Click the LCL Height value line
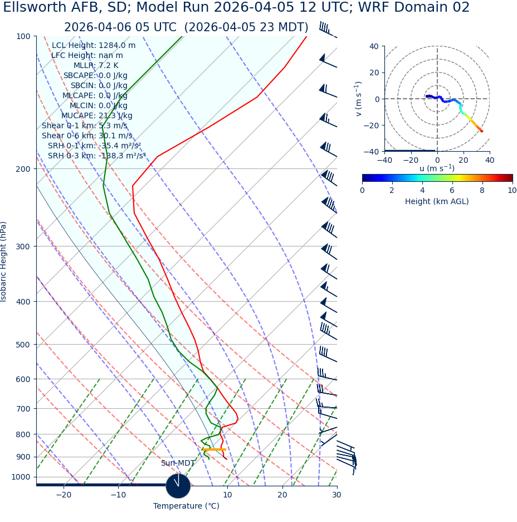tap(94, 46)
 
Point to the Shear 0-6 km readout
tap(87, 136)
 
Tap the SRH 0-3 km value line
tap(97, 156)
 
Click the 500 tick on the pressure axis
tap(23, 345)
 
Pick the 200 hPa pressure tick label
tap(23, 169)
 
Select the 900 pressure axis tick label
tap(23, 457)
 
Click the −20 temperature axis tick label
tap(64, 495)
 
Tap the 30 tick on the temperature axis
tap(336, 495)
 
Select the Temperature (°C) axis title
tap(187, 506)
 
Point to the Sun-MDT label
tap(178, 463)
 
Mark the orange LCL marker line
tap(214, 449)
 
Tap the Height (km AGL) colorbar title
tap(437, 201)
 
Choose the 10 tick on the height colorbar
tap(512, 190)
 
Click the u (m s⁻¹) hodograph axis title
tap(437, 168)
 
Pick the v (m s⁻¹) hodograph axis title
tap(359, 99)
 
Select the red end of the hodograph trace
tap(482, 132)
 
